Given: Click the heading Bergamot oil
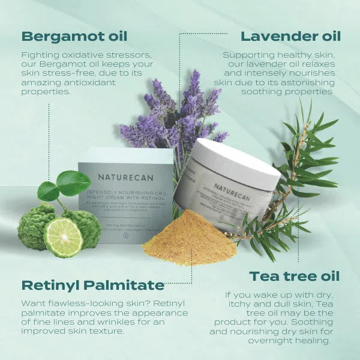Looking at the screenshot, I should (74, 35).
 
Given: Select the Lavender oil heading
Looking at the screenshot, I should (291, 35).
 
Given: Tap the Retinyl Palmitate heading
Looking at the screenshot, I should (93, 284).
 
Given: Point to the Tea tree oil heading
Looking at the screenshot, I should (294, 276).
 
